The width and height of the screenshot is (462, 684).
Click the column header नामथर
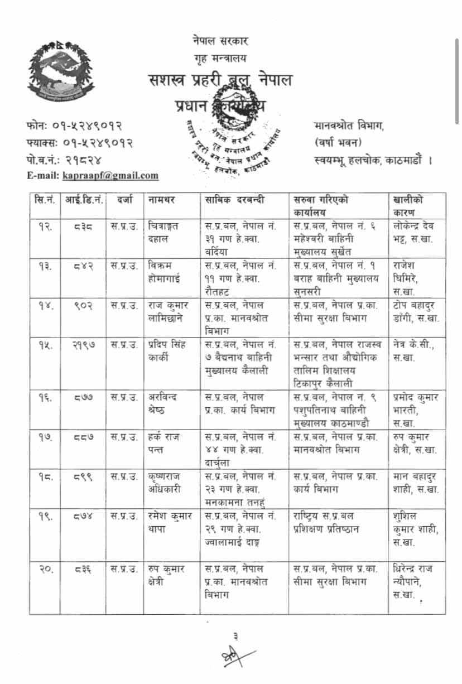[x=162, y=199]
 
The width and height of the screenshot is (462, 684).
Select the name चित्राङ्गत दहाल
[x=164, y=232]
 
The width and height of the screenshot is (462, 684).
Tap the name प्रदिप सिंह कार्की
[x=170, y=351]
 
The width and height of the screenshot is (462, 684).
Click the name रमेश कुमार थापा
[x=171, y=522]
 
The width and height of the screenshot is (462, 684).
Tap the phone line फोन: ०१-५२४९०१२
[x=74, y=127]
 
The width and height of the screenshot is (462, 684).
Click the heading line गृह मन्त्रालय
[x=220, y=57]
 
